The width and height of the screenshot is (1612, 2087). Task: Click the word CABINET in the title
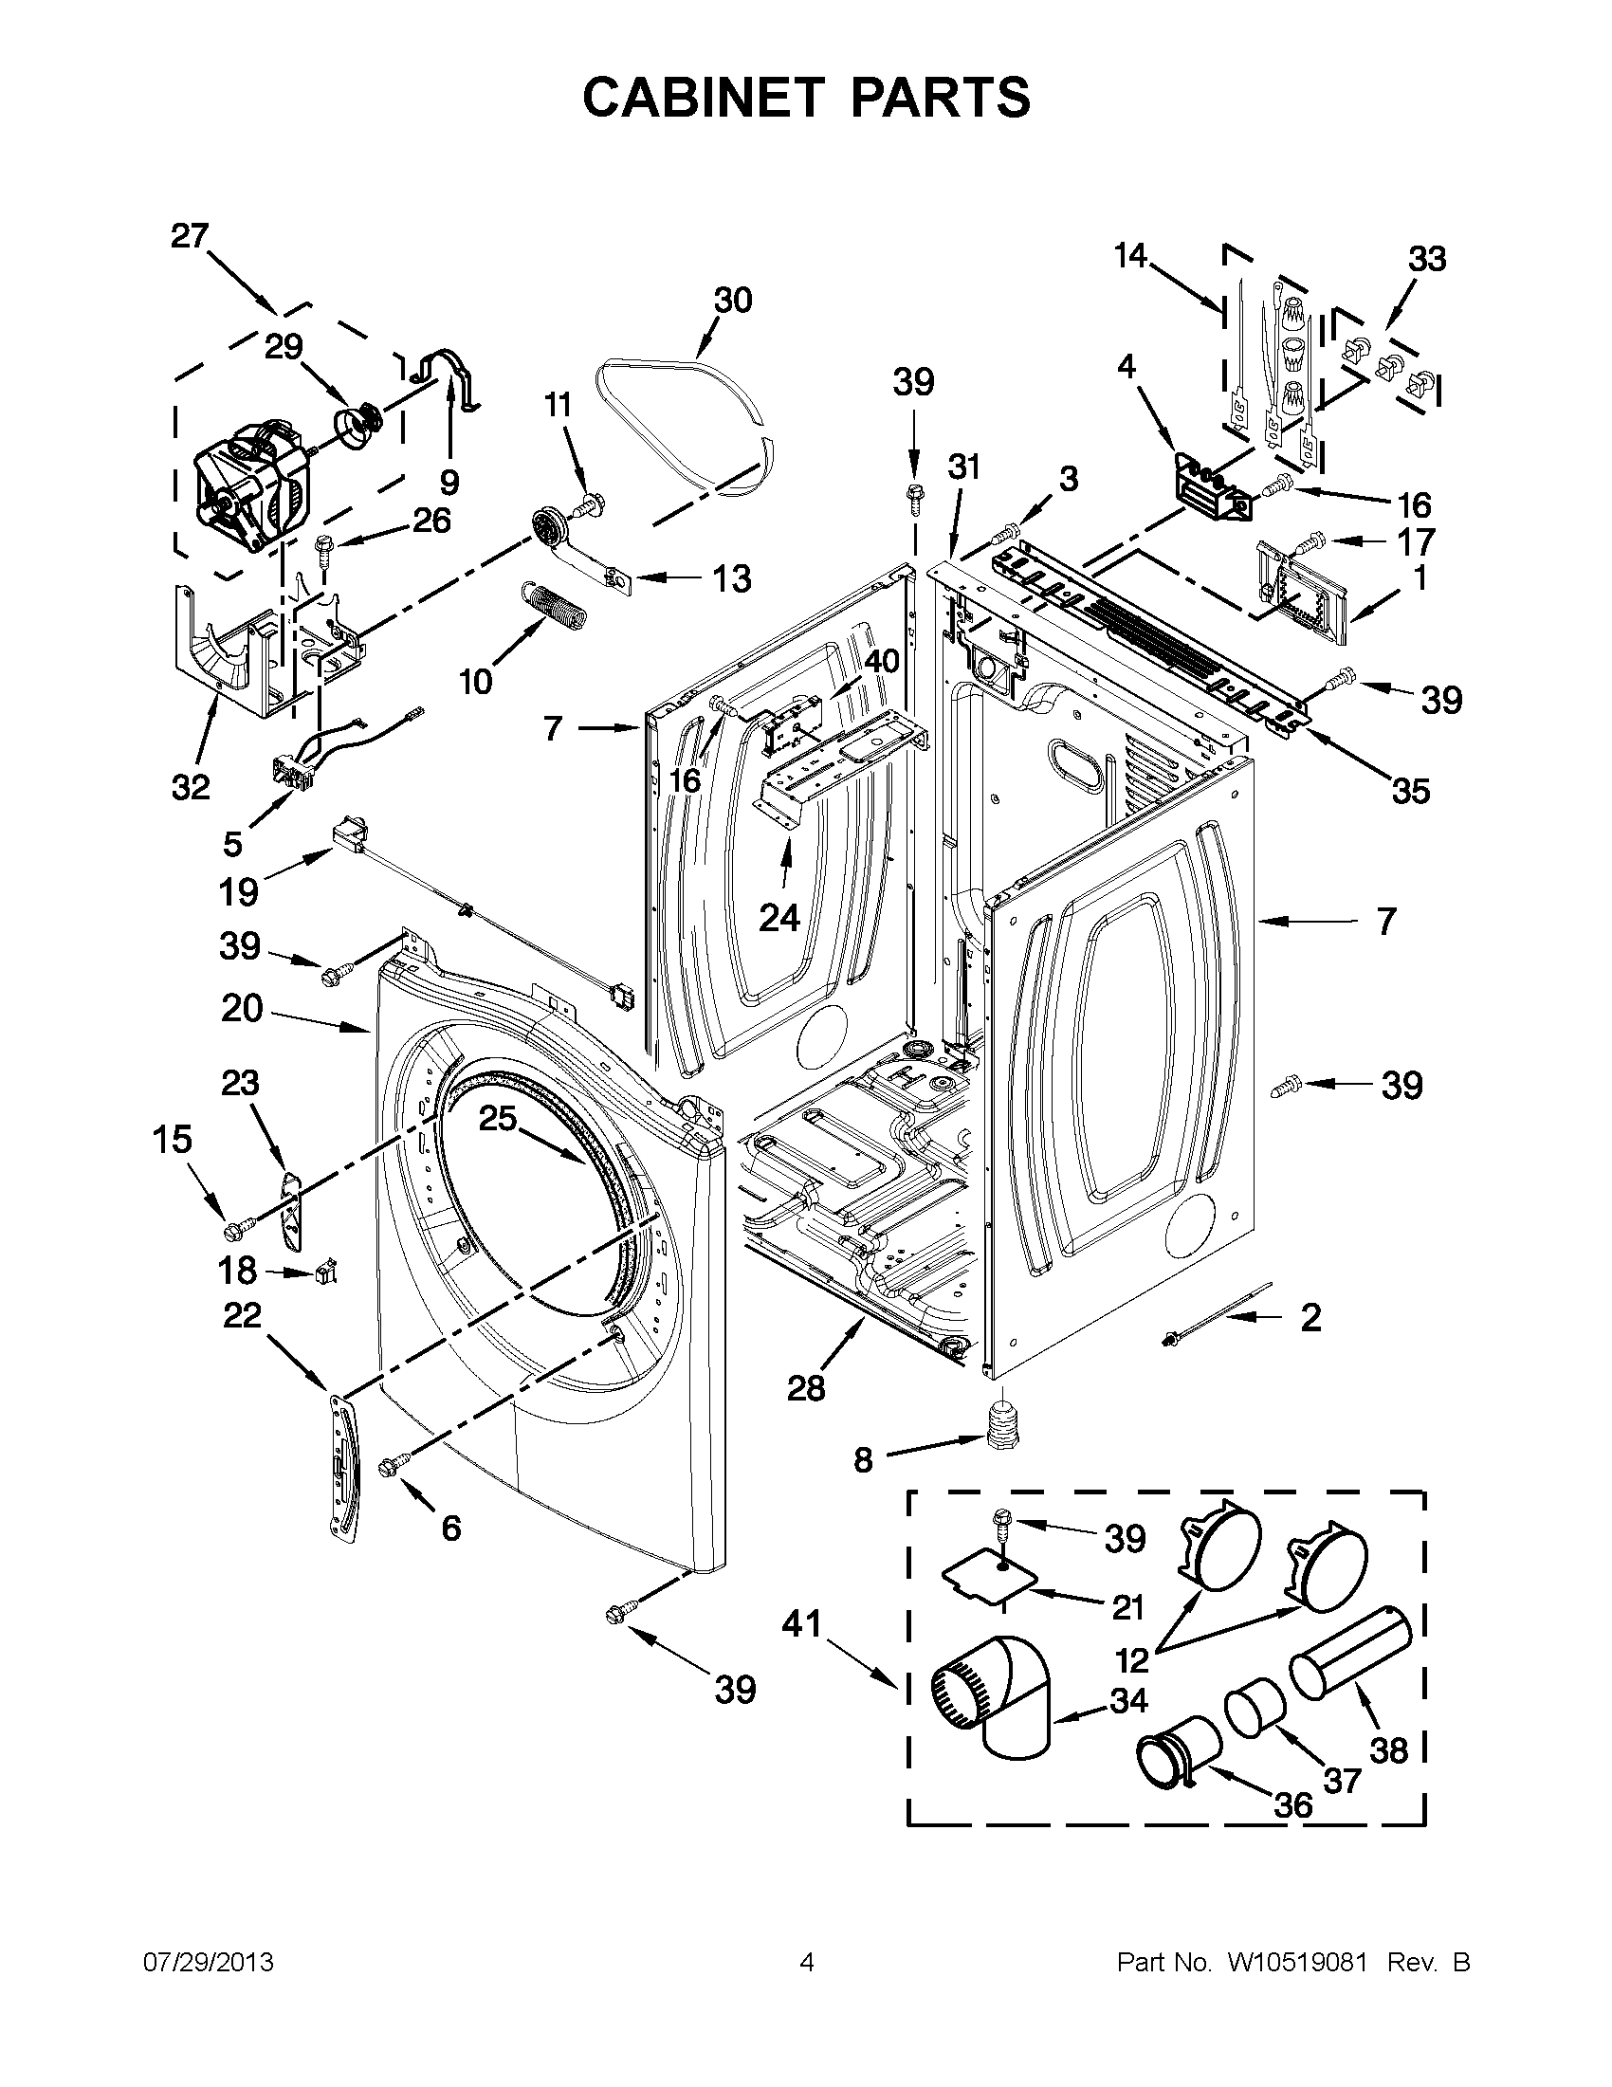tap(703, 98)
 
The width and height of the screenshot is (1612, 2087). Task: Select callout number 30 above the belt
tap(733, 300)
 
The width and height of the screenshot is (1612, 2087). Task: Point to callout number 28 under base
tap(805, 1388)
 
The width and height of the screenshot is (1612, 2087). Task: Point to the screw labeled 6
tap(395, 1464)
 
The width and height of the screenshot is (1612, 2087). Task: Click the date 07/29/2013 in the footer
tap(208, 1963)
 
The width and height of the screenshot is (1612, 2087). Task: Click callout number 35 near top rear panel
tap(1410, 790)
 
